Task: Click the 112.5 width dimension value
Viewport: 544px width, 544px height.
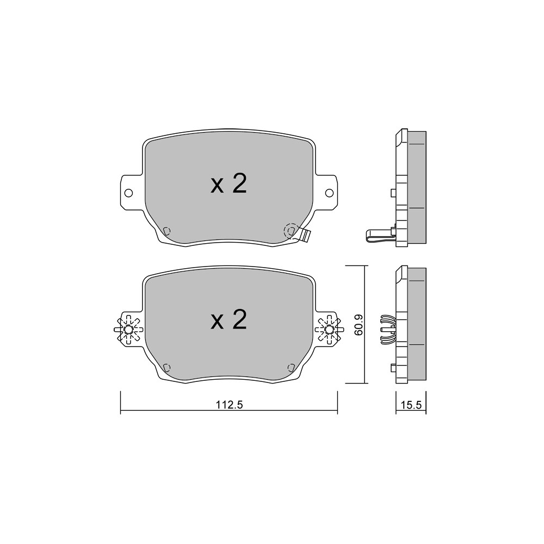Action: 229,405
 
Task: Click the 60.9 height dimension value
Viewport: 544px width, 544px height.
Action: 358,325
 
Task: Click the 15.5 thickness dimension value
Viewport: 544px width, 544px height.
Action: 411,405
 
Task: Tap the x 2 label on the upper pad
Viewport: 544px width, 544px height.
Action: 228,184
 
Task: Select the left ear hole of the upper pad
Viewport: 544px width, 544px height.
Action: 128,193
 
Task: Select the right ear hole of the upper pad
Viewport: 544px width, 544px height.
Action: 329,193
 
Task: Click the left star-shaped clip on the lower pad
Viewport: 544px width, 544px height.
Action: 128,329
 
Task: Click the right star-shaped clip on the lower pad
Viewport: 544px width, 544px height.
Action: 329,329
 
